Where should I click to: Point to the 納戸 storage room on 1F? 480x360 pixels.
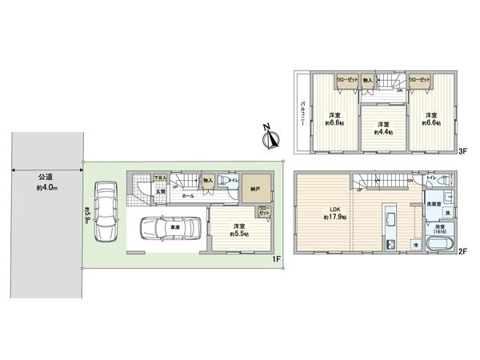click(x=254, y=190)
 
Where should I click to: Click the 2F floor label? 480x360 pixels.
click(x=462, y=251)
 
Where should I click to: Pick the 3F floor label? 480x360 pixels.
click(x=462, y=152)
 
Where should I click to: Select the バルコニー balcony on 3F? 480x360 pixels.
click(x=303, y=111)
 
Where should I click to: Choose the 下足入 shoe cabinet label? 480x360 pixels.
click(x=138, y=178)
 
